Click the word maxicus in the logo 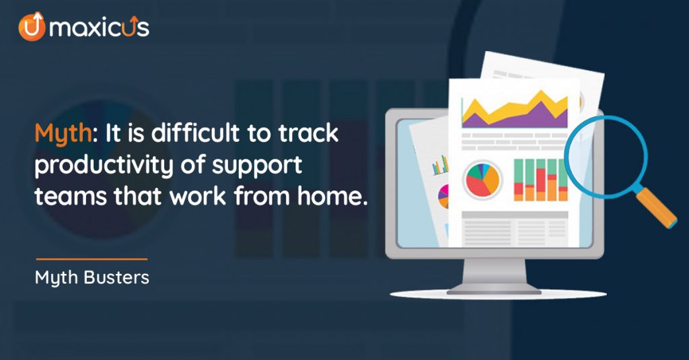pyautogui.click(x=100, y=28)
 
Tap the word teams pyautogui.click(x=71, y=196)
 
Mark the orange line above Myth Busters pyautogui.click(x=92, y=259)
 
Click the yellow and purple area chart pyautogui.click(x=515, y=110)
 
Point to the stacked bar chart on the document pyautogui.click(x=541, y=180)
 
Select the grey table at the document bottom pyautogui.click(x=515, y=229)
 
